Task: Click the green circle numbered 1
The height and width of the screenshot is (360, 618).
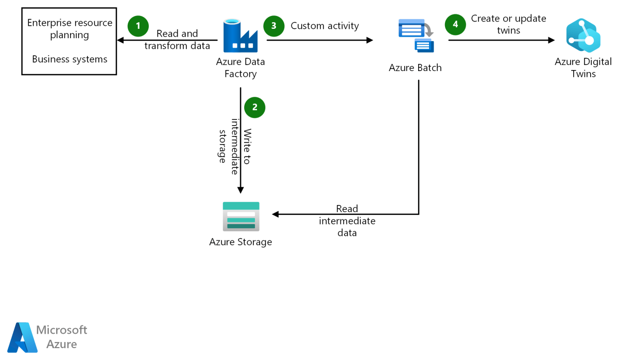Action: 138,26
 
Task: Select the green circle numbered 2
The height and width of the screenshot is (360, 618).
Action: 254,107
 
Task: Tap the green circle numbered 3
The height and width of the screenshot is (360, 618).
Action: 273,26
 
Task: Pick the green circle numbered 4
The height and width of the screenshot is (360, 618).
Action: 455,24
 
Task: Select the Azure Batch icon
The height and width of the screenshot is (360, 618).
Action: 416,36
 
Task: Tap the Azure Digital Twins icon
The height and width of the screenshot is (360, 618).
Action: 583,36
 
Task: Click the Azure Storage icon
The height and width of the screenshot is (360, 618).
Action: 241,216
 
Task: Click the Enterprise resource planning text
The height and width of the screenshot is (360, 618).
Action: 70,29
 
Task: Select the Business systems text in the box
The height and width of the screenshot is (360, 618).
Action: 70,59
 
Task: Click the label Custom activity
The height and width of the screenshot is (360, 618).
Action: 324,26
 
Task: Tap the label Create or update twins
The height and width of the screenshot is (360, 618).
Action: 508,24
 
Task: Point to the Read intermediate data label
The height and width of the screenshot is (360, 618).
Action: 347,220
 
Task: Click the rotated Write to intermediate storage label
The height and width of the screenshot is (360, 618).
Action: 235,141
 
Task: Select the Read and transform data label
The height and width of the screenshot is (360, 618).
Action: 177,40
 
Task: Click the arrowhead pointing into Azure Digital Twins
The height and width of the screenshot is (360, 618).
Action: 552,40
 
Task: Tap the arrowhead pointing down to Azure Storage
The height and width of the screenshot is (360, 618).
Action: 241,190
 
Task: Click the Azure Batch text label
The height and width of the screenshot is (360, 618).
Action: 415,67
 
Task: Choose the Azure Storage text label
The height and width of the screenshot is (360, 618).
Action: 241,242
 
